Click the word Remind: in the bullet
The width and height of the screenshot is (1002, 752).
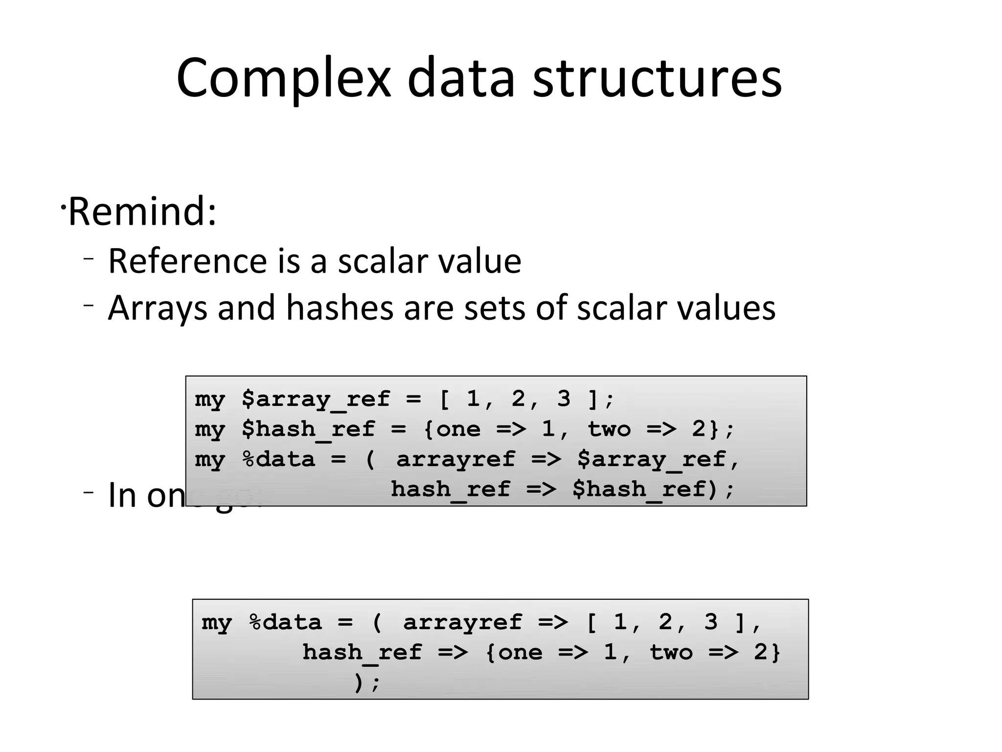pyautogui.click(x=142, y=211)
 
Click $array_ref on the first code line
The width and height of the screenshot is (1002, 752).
pyautogui.click(x=316, y=399)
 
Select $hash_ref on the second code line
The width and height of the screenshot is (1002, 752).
pyautogui.click(x=308, y=429)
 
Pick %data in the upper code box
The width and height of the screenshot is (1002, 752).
pyautogui.click(x=278, y=459)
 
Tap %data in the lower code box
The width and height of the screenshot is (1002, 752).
pyautogui.click(x=285, y=622)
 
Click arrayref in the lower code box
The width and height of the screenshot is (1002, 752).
pyautogui.click(x=462, y=622)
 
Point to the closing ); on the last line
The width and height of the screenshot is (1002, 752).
pyautogui.click(x=366, y=682)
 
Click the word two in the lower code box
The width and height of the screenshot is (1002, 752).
pyautogui.click(x=671, y=653)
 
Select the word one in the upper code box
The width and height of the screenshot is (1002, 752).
pyautogui.click(x=458, y=429)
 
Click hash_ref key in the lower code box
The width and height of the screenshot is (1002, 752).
pyautogui.click(x=362, y=653)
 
